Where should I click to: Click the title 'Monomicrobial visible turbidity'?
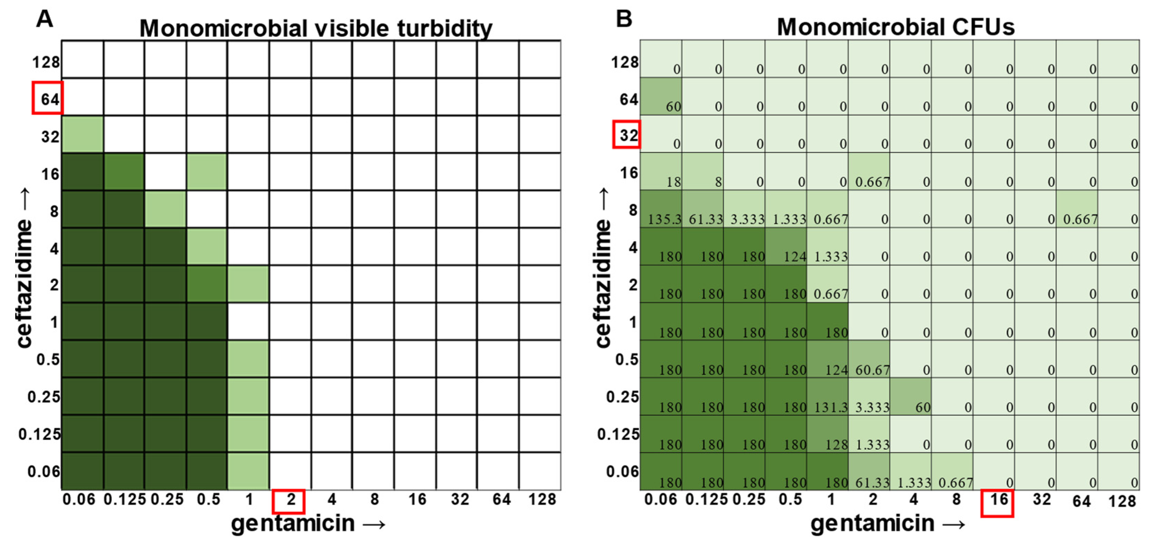pos(316,28)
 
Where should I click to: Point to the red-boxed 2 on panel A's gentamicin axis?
pos(289,501)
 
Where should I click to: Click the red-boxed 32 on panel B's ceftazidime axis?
pos(627,134)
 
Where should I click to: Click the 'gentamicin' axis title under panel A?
pos(293,523)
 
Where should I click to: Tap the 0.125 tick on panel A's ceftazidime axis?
pos(39,434)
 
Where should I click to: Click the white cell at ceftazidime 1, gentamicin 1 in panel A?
pos(248,322)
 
